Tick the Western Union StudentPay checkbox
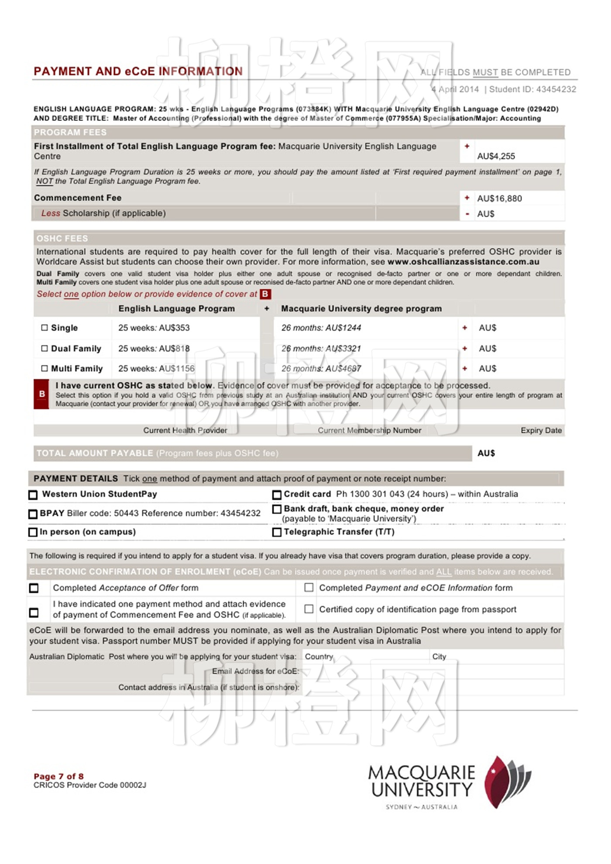pos(33,495)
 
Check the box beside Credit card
pos(277,495)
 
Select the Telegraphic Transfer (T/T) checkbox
pos(277,532)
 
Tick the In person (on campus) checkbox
pos(33,532)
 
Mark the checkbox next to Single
pos(45,328)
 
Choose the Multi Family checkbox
pos(45,369)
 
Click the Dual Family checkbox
pos(45,349)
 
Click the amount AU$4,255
pos(496,156)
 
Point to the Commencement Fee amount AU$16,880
pos(499,199)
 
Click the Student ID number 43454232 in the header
pos(556,89)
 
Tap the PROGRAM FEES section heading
pos(70,132)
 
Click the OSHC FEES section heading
pos(62,239)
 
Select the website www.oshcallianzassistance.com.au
pos(463,262)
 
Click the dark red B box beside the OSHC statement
pos(41,394)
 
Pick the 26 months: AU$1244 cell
pos(321,328)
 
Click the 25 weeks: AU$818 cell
pos(154,349)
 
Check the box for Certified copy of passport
pos(309,609)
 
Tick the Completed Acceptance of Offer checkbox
pos(34,588)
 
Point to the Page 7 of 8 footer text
pos(58,776)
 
